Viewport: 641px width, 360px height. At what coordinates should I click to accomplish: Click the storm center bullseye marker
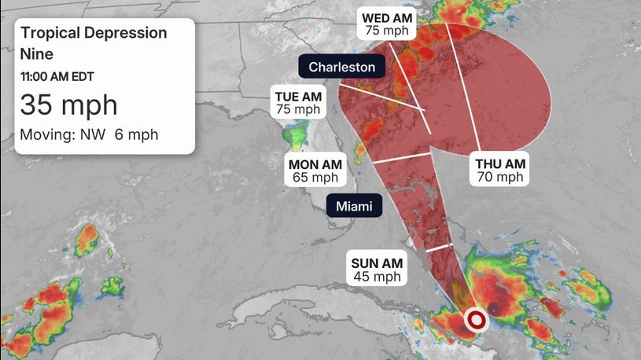pyautogui.click(x=476, y=320)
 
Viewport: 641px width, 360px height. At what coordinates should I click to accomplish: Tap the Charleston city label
pyautogui.click(x=341, y=67)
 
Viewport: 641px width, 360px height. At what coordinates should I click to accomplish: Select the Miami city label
pyautogui.click(x=354, y=207)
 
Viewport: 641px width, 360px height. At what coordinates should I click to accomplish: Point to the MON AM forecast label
pyautogui.click(x=315, y=163)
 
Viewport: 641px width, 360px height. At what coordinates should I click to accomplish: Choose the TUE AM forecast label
pyautogui.click(x=297, y=96)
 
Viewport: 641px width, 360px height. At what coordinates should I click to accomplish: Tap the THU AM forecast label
pyautogui.click(x=500, y=163)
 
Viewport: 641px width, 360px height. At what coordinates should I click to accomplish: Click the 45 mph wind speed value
pyautogui.click(x=377, y=277)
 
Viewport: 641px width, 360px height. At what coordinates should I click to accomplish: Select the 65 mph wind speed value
pyautogui.click(x=315, y=178)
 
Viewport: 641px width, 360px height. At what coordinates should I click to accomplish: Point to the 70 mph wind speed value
pyautogui.click(x=500, y=178)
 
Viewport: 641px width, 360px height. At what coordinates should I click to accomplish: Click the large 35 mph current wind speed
pyautogui.click(x=68, y=105)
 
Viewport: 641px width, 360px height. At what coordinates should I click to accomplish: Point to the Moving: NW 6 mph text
pyautogui.click(x=89, y=134)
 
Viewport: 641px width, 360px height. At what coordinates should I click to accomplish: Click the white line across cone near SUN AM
pyautogui.click(x=440, y=248)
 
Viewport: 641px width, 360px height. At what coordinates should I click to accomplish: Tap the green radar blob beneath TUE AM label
pyautogui.click(x=297, y=138)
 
